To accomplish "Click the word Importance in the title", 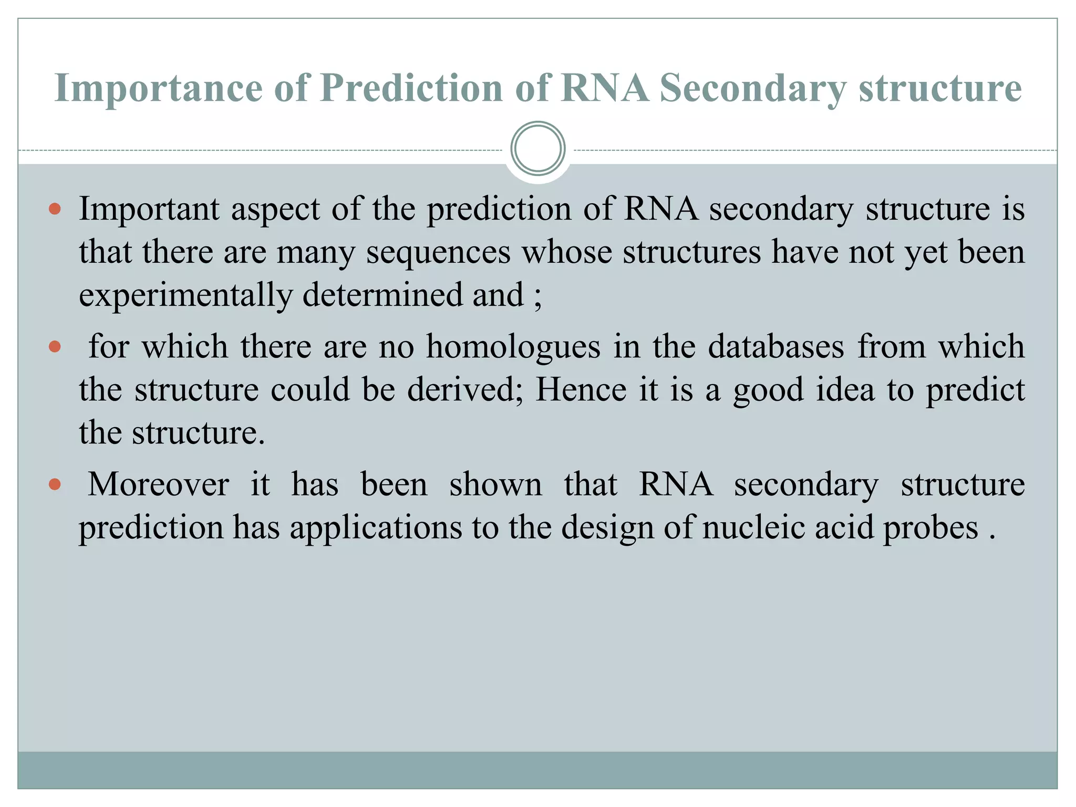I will click(x=158, y=88).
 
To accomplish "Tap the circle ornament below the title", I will click(x=537, y=149).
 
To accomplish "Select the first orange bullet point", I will click(x=55, y=209).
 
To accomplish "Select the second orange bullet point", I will click(x=55, y=347).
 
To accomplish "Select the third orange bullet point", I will click(x=55, y=484).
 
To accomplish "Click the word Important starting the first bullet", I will click(x=149, y=209).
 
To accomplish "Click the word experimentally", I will click(x=185, y=295).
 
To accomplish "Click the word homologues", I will click(x=513, y=347).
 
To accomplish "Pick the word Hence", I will click(x=581, y=390).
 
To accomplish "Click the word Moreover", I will click(x=158, y=484).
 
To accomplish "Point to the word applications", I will click(x=376, y=527).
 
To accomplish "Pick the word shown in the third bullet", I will click(x=495, y=484).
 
